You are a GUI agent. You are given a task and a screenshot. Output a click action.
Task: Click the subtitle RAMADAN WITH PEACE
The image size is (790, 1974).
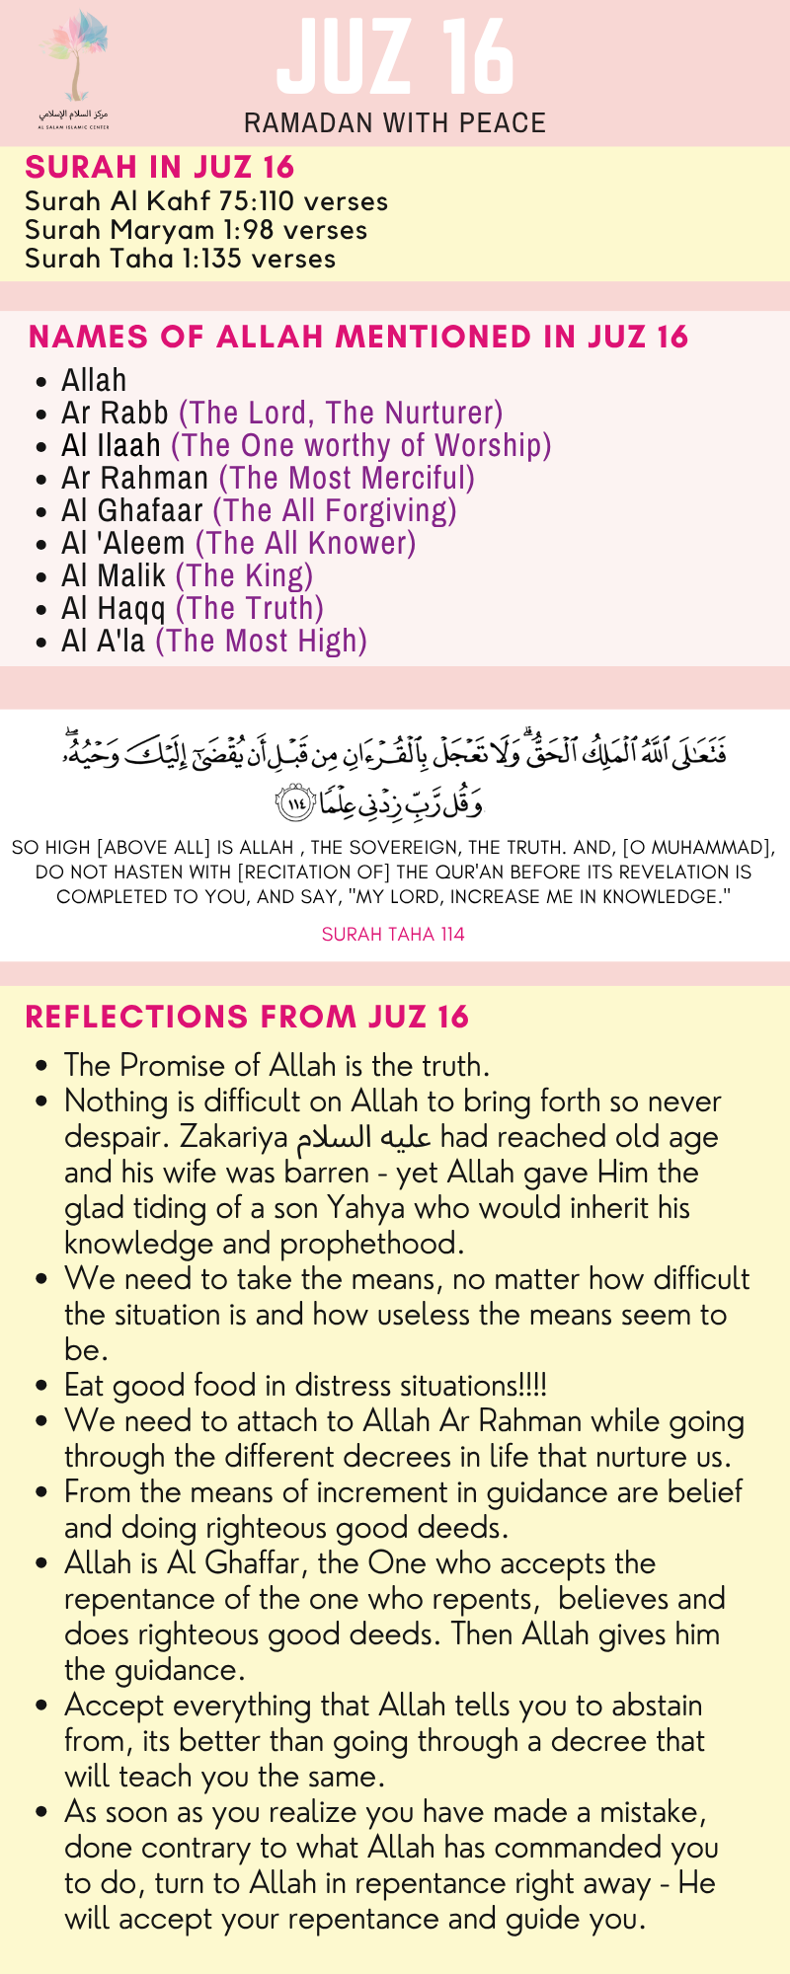[395, 123]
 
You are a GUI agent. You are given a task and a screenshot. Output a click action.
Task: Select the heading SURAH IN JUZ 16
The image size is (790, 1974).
[160, 167]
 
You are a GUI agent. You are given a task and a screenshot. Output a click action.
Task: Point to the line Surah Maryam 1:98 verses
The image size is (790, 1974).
[196, 230]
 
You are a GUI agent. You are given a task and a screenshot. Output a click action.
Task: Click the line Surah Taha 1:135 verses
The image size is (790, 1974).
[180, 259]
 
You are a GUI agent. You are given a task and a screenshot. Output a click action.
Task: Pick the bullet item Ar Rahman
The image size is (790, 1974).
[135, 478]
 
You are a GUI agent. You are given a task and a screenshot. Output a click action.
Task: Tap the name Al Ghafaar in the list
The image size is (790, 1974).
[132, 510]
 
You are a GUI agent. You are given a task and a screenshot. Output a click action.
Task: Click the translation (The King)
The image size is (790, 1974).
[244, 575]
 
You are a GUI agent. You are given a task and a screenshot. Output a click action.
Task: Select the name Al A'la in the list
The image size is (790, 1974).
[103, 641]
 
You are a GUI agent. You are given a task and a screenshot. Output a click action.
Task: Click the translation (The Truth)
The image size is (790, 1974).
[249, 608]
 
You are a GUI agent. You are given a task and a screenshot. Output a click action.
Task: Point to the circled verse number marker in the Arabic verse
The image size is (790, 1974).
[295, 804]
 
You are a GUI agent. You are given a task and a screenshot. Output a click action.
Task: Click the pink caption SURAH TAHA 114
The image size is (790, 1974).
[393, 934]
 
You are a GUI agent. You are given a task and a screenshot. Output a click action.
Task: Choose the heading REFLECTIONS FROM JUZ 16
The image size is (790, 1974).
[247, 1017]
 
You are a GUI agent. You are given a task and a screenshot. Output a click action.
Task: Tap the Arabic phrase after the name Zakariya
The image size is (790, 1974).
[363, 1137]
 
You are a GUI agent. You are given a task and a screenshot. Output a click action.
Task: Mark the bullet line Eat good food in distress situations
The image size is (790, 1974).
[305, 1386]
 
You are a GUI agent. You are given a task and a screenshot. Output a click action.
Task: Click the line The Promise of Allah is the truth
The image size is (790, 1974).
[276, 1066]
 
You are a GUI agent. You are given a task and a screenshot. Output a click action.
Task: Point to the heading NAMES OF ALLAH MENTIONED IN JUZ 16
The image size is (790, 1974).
[358, 337]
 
